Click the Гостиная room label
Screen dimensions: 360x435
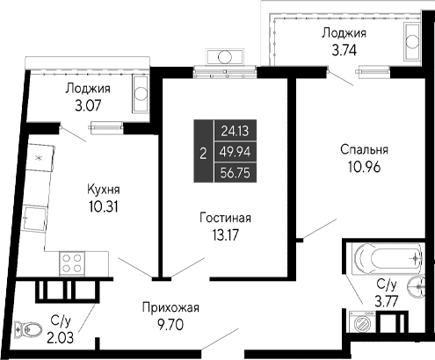[x=224, y=218]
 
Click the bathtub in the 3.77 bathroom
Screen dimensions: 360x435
[x=384, y=259]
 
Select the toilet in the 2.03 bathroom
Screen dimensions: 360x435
[x=33, y=330]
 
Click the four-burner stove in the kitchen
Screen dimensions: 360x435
[x=71, y=262]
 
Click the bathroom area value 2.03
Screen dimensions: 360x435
[x=61, y=336]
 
